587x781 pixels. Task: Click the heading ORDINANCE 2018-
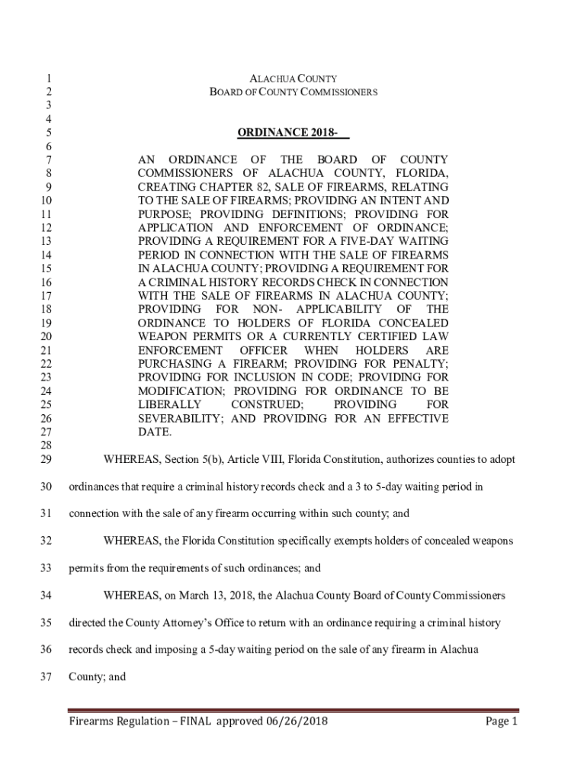click(x=293, y=133)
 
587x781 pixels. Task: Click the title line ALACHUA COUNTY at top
click(x=293, y=79)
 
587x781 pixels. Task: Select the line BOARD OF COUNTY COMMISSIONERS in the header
click(x=293, y=92)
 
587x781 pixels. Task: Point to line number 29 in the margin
click(x=45, y=460)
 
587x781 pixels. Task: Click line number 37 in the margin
click(x=45, y=677)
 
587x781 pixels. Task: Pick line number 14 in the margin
click(x=45, y=255)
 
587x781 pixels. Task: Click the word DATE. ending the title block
click(x=155, y=432)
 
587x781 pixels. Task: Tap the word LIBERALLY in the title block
click(x=169, y=404)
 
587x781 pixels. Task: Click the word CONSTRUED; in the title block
click(x=267, y=404)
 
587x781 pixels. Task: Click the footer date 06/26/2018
click(x=297, y=722)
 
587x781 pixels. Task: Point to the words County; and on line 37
click(x=98, y=677)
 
